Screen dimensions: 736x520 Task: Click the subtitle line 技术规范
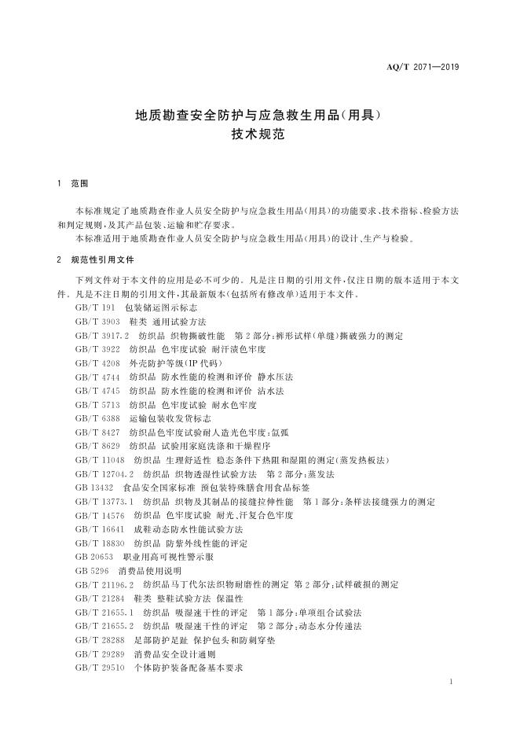[259, 134]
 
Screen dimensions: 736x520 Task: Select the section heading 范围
[79, 184]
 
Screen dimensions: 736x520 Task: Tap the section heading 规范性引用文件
[103, 259]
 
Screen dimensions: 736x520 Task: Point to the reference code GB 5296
[91, 570]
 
